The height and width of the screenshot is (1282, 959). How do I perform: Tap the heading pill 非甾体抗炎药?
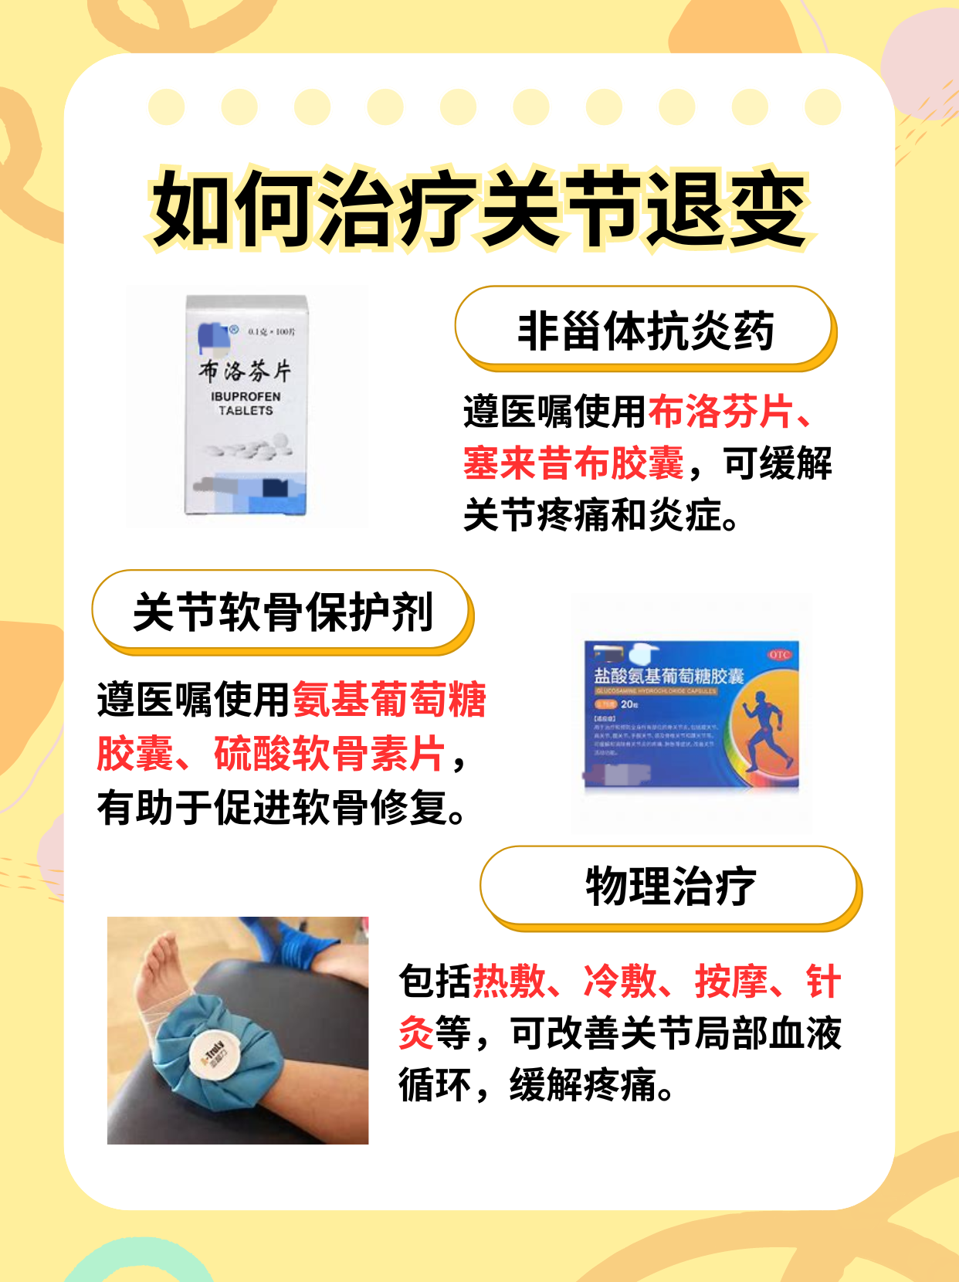645,331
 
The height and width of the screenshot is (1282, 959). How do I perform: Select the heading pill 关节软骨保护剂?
282,613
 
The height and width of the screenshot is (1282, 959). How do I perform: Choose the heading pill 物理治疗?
670,886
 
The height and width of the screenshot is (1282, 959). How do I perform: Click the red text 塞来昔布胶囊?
573,463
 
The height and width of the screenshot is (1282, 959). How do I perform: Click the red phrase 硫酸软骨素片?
329,754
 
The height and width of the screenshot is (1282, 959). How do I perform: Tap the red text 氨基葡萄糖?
389,700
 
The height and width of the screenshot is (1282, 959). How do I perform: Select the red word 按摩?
730,982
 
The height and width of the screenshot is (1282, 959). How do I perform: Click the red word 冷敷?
619,982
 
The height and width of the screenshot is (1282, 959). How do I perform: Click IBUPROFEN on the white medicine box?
246,396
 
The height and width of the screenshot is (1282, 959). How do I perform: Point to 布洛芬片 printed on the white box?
246,371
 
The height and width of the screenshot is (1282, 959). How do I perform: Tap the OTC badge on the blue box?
779,654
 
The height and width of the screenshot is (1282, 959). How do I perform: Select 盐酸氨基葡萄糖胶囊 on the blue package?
668,676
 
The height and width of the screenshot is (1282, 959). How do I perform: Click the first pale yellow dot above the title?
166,107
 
